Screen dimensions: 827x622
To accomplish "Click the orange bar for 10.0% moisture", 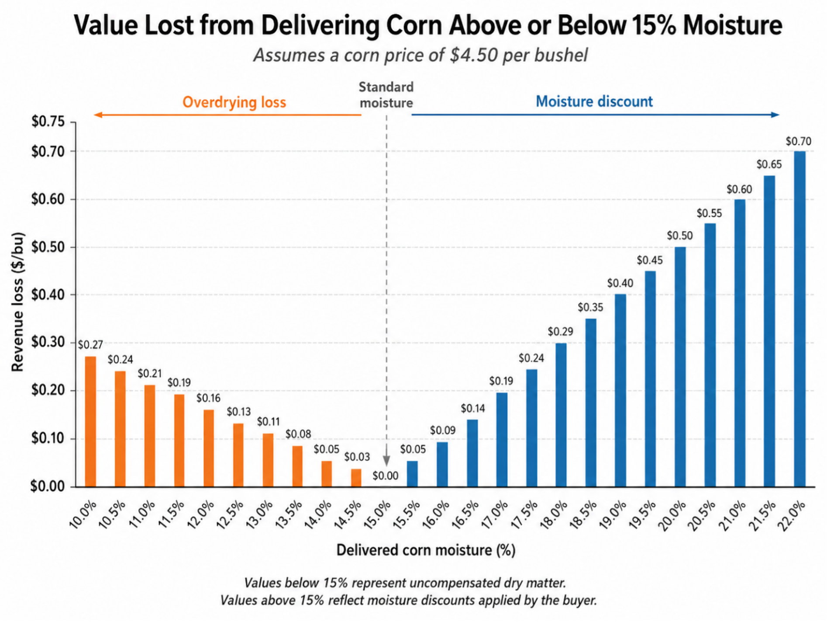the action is pyautogui.click(x=90, y=421).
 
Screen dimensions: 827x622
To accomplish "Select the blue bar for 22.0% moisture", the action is pyautogui.click(x=799, y=319).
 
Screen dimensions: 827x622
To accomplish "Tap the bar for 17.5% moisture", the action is pyautogui.click(x=532, y=428).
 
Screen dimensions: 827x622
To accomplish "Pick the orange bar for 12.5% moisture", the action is pyautogui.click(x=238, y=455).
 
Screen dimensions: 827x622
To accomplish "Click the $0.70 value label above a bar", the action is pyautogui.click(x=798, y=141).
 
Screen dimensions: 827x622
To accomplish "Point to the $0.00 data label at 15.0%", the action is pyautogui.click(x=386, y=476).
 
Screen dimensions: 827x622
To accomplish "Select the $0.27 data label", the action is pyautogui.click(x=90, y=345).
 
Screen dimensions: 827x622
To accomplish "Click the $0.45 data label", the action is pyautogui.click(x=650, y=261).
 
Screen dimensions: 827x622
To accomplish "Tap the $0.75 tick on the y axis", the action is pyautogui.click(x=48, y=122).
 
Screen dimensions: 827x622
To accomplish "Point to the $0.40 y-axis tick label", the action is pyautogui.click(x=48, y=295).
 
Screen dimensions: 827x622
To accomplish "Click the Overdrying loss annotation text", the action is pyautogui.click(x=234, y=102).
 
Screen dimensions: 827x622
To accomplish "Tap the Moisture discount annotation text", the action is pyautogui.click(x=594, y=102).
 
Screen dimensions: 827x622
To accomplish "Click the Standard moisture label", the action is pyautogui.click(x=386, y=95).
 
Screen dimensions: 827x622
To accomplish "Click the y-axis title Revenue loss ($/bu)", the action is pyautogui.click(x=17, y=302).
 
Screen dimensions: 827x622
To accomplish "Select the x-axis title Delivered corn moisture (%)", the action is pyautogui.click(x=426, y=550).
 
